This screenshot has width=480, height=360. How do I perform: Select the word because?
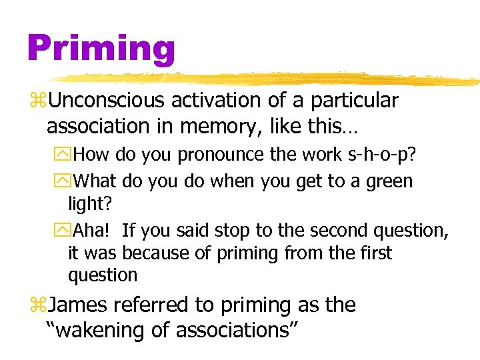153,253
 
